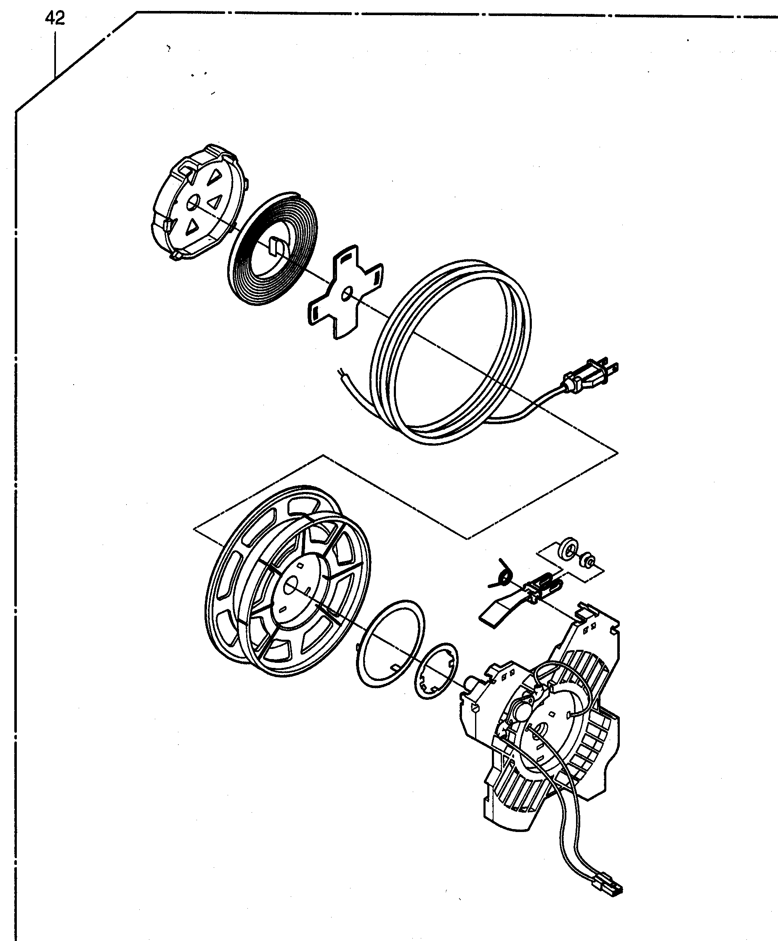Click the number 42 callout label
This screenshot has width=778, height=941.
coord(55,19)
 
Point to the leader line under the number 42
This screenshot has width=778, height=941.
coord(55,54)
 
